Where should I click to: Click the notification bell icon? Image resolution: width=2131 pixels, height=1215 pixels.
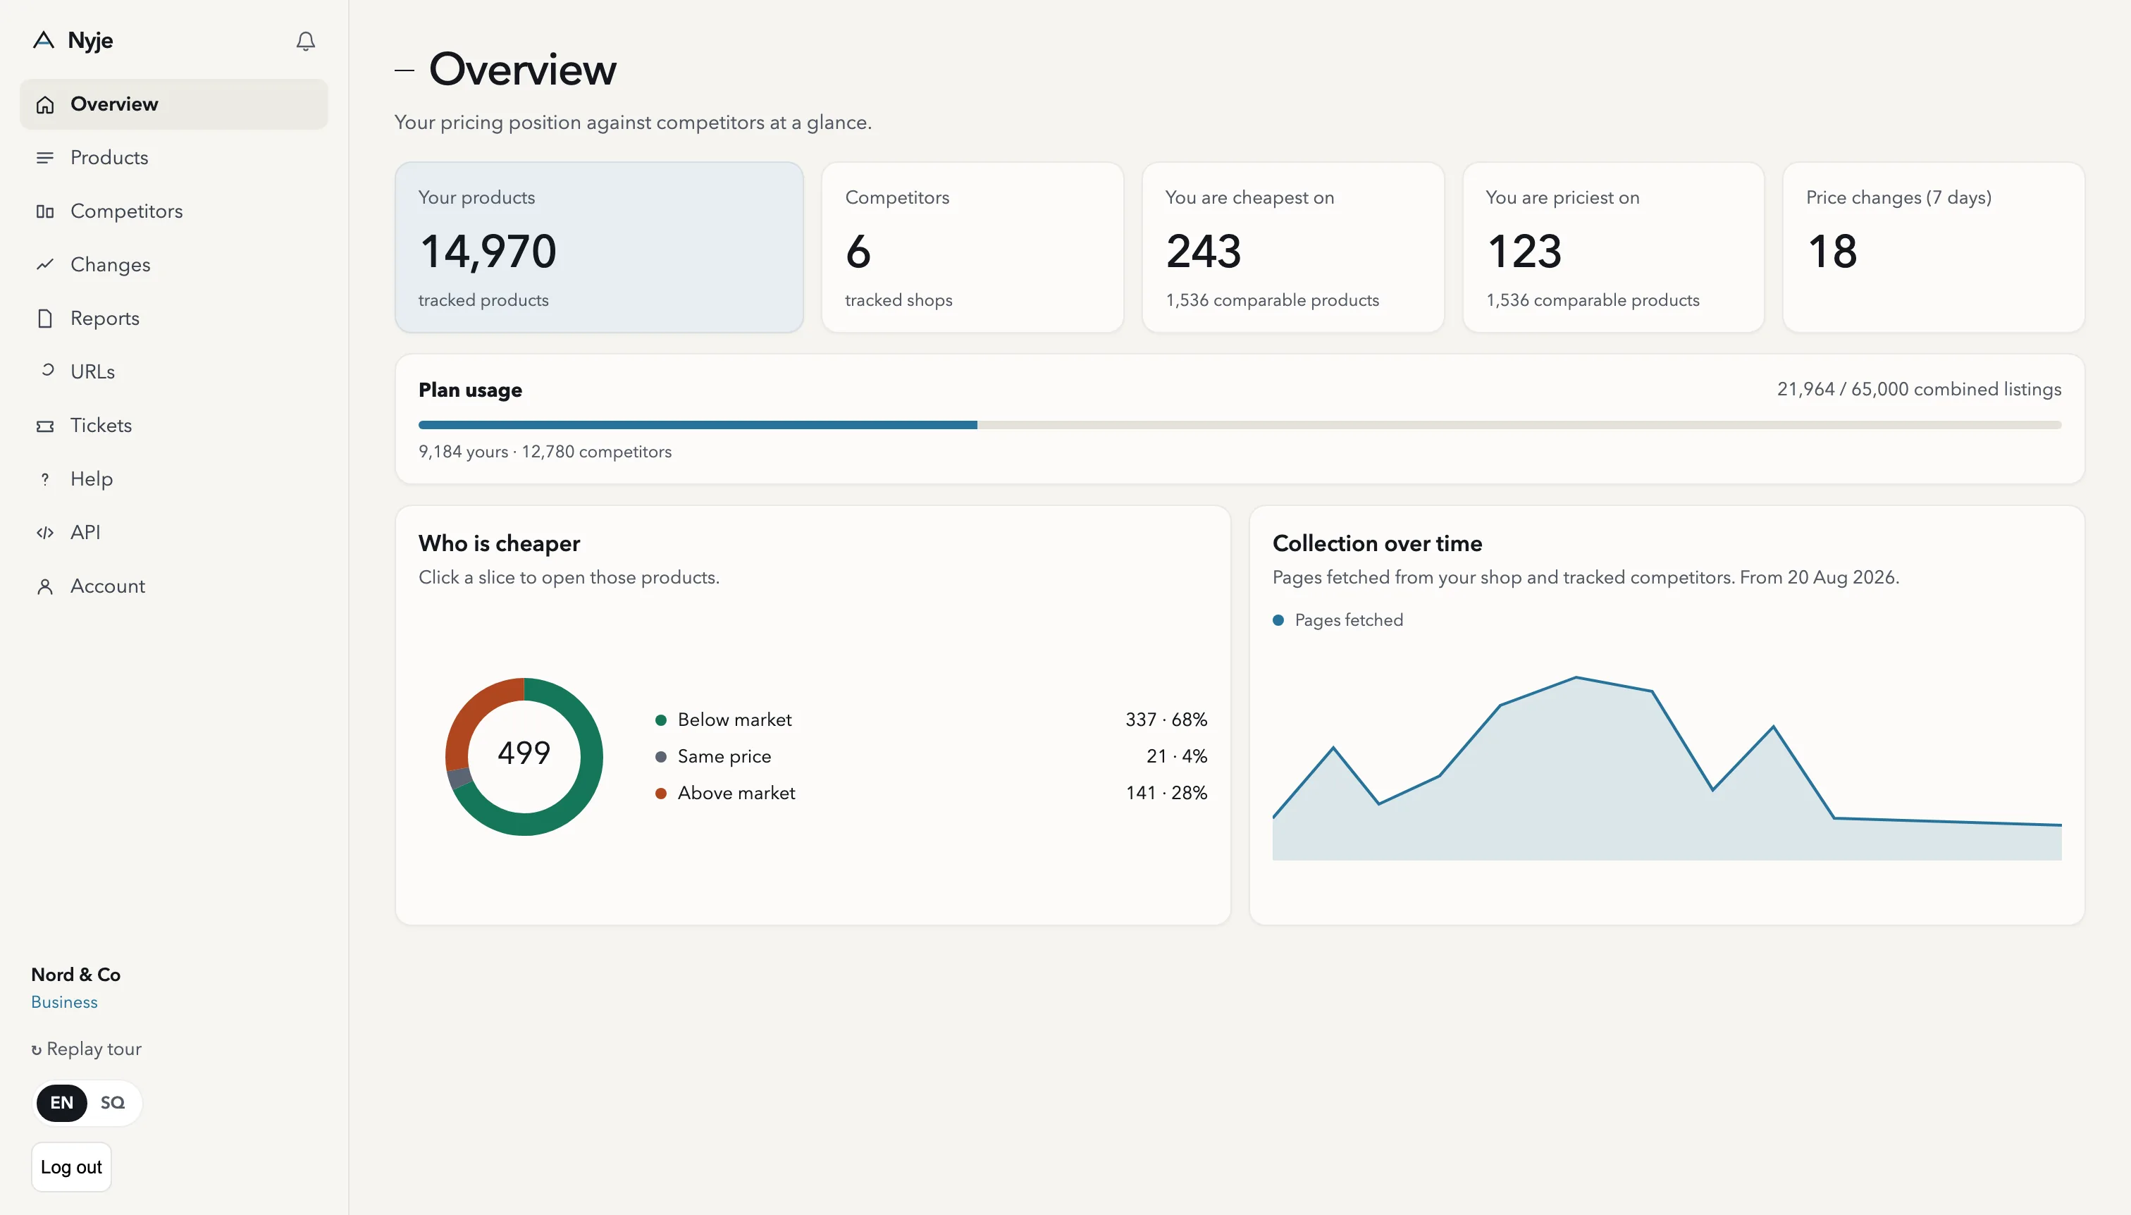point(305,41)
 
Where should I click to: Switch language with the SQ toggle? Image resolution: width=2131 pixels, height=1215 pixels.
point(113,1102)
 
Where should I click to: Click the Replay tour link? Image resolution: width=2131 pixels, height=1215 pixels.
point(87,1049)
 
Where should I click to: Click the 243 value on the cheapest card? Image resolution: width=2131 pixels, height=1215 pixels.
point(1203,251)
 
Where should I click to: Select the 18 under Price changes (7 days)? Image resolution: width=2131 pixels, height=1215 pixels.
point(1832,251)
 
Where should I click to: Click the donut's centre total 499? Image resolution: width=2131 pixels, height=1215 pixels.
point(524,753)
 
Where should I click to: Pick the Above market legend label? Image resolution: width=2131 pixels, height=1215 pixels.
point(736,793)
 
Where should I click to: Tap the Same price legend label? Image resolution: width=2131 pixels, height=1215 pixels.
point(724,756)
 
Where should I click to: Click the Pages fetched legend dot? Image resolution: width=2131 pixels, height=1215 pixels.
point(1278,620)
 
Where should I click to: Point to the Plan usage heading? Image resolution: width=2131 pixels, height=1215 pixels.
point(470,390)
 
